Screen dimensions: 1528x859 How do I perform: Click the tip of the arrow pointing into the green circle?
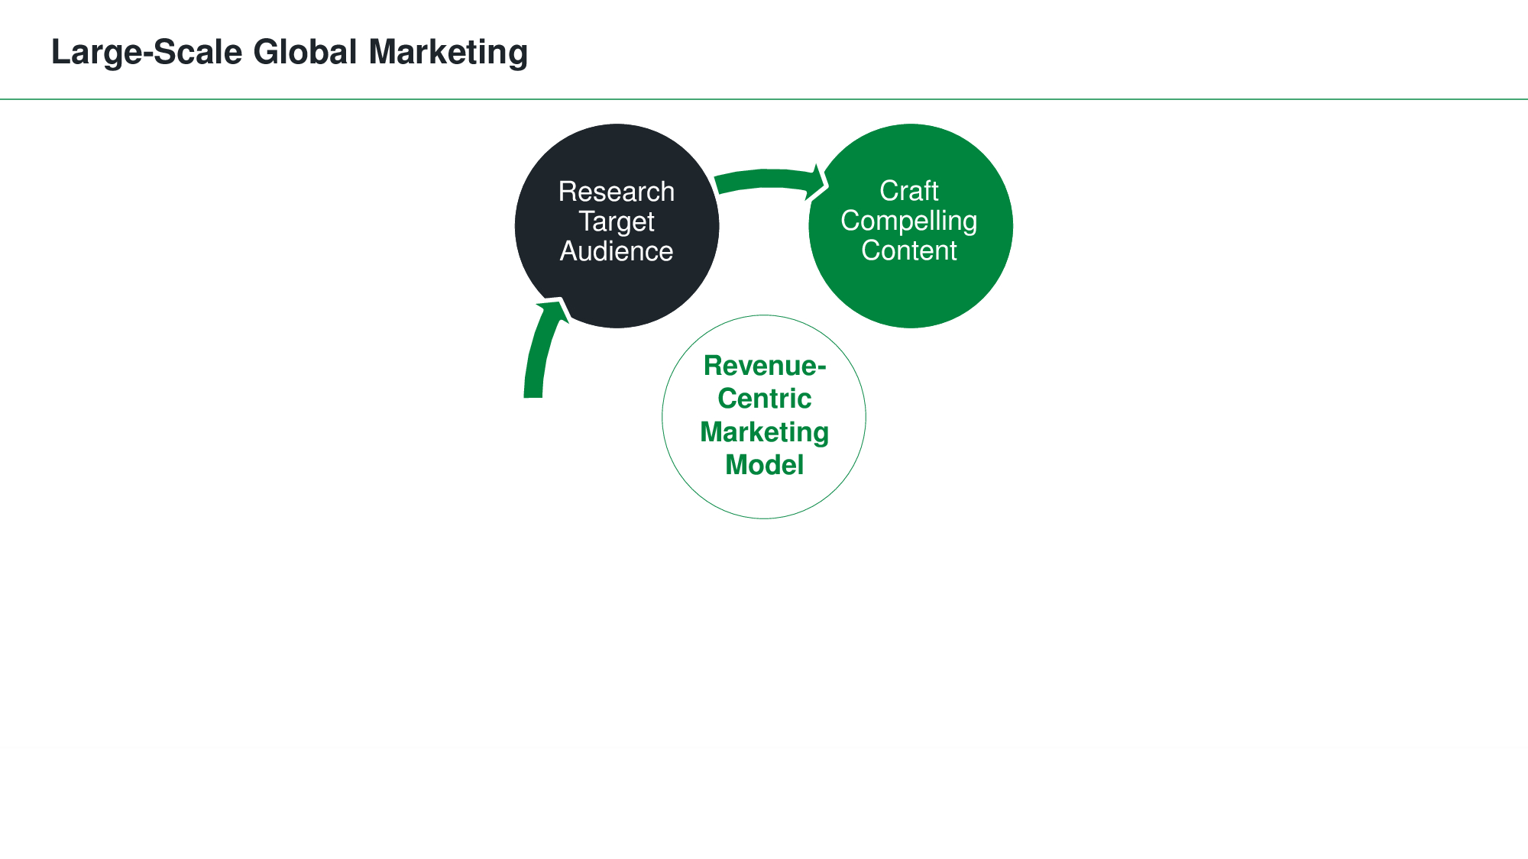[x=827, y=184]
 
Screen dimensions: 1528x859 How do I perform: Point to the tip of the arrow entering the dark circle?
[x=562, y=299]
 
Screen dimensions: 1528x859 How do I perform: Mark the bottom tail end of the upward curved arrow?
[x=533, y=397]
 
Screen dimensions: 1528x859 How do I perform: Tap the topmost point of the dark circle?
[x=617, y=124]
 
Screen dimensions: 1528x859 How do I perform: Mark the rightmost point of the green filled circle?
[x=1012, y=226]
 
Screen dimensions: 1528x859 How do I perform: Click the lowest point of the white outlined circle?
[x=764, y=518]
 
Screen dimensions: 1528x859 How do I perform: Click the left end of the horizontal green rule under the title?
[x=1, y=99]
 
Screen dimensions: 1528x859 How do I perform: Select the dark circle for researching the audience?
[x=617, y=226]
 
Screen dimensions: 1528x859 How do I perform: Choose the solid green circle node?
[x=911, y=226]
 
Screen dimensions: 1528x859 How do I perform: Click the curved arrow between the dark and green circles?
[x=770, y=178]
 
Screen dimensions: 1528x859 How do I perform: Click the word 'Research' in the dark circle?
[x=617, y=192]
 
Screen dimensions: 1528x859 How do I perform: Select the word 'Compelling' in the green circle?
[x=909, y=221]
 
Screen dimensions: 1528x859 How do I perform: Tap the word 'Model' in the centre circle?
[x=764, y=465]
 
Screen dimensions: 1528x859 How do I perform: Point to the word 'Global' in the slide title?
[x=306, y=53]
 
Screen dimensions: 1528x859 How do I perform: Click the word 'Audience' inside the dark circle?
[x=617, y=251]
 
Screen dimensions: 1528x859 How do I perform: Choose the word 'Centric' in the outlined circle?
[x=764, y=399]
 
